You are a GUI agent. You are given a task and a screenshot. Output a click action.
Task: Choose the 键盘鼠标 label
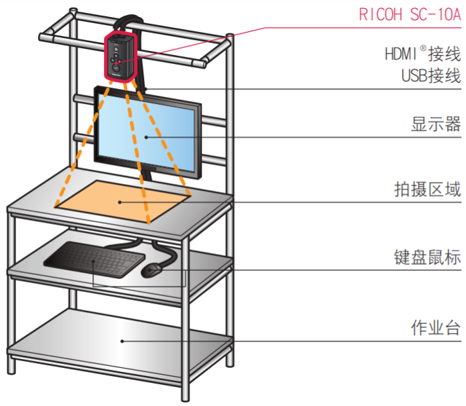[x=427, y=257]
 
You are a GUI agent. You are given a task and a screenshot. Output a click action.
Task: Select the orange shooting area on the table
[x=122, y=200]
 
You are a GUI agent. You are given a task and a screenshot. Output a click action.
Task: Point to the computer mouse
[x=151, y=270]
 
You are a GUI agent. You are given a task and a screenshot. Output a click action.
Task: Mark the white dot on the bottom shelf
[x=122, y=339]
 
